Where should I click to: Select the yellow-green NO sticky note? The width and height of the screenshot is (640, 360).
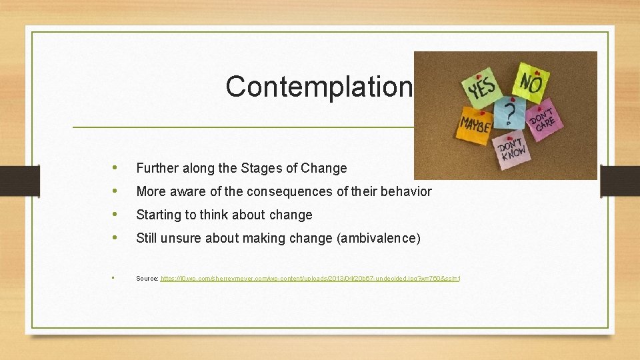[x=531, y=83]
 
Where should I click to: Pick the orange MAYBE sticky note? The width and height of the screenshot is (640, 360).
[x=475, y=124]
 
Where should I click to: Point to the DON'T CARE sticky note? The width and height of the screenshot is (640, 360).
[x=543, y=121]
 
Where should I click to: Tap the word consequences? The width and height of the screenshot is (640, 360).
[x=287, y=192]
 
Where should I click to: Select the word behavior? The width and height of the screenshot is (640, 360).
[x=405, y=192]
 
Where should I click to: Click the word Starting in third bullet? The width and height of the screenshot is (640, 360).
[x=159, y=215]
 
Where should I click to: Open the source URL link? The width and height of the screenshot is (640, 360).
[x=311, y=278]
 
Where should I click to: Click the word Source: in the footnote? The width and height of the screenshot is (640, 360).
[x=147, y=278]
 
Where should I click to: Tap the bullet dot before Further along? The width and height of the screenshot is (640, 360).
[x=117, y=168]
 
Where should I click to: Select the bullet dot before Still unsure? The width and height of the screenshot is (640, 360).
[x=117, y=238]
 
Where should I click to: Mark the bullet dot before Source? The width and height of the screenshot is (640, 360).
[x=115, y=277]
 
